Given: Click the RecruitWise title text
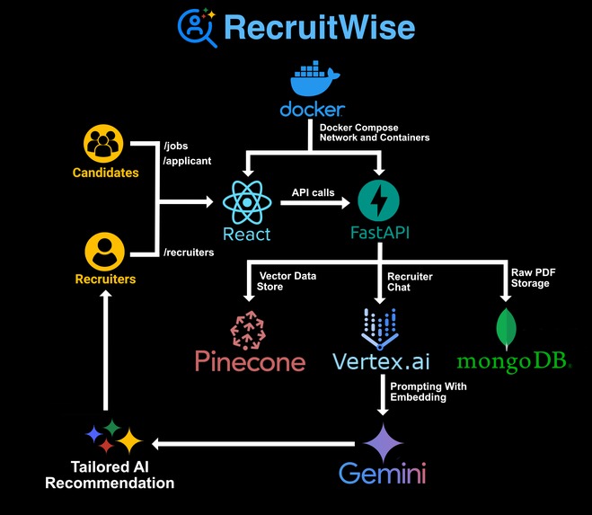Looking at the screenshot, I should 319,28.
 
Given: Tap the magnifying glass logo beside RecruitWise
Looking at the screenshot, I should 196,27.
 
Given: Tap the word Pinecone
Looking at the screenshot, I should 250,362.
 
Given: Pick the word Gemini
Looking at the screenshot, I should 382,474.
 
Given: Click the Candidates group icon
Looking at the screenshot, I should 105,144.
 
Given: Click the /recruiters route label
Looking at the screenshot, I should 189,253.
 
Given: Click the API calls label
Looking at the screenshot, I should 314,192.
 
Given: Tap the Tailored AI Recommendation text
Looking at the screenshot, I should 122,475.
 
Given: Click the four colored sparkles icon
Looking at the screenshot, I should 113,436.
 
